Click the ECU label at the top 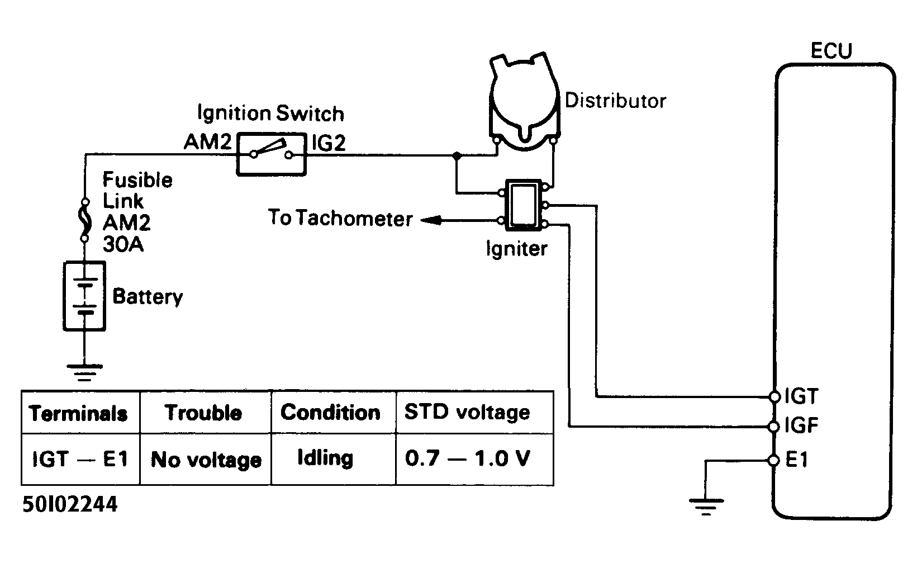(832, 51)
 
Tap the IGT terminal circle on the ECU (775, 396)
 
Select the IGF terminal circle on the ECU (774, 427)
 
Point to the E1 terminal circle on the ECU (774, 461)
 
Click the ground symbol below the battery (85, 372)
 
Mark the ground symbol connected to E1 (706, 507)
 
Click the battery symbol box (84, 296)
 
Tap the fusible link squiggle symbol (85, 220)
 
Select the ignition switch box (272, 154)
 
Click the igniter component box (524, 205)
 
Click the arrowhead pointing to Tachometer (431, 220)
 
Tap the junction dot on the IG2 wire (457, 155)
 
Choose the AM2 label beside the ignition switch (207, 142)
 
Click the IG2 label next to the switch (329, 143)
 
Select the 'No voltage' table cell (206, 460)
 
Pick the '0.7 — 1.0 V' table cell (474, 460)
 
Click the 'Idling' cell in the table (333, 460)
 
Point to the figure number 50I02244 (70, 504)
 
